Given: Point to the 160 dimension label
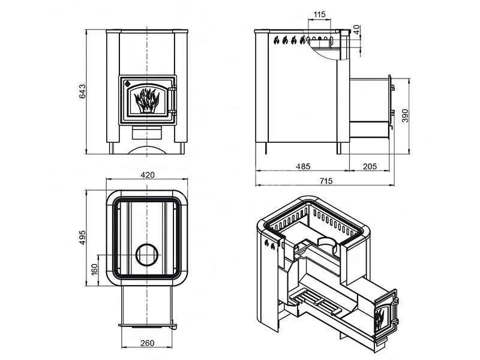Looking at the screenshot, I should point(94,269).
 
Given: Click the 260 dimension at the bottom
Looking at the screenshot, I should point(148,343).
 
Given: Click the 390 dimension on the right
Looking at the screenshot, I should point(405,115).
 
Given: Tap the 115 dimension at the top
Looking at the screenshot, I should point(319,14).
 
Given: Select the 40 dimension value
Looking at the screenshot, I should point(357,28).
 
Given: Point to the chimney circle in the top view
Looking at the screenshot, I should point(147,256).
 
